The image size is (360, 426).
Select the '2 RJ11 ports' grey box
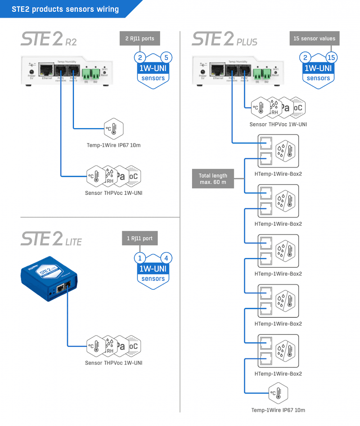coord(139,39)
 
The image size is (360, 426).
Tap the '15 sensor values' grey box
coord(314,39)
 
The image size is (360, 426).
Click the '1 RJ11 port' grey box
coord(139,239)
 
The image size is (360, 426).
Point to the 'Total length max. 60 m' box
coord(214,179)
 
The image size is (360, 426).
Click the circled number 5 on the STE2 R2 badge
coord(166,58)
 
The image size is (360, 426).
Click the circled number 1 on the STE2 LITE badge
coord(140,258)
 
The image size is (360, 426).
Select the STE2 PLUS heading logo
coord(225,39)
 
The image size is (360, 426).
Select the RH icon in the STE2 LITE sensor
coord(110,346)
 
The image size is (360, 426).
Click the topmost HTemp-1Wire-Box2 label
coord(278,174)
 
